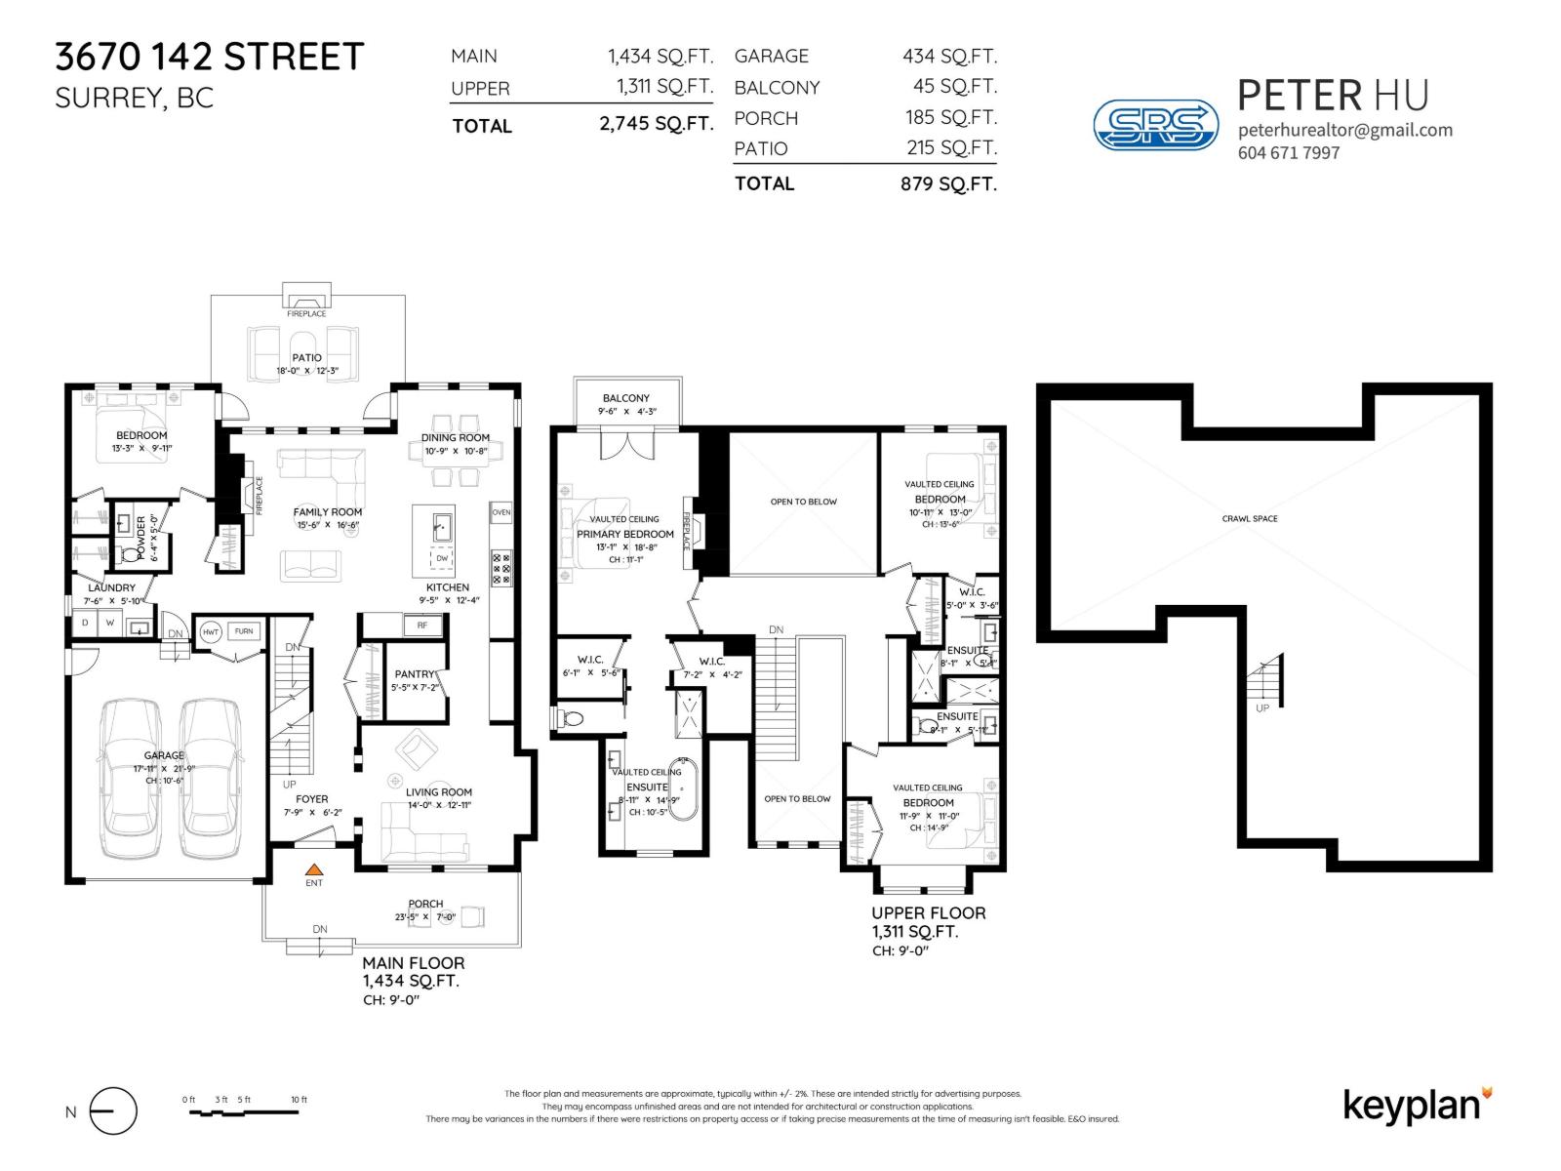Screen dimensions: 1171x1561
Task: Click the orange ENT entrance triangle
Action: coord(313,868)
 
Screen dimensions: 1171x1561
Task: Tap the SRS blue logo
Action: coord(1155,125)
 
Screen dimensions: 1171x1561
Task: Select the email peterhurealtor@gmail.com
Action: coord(1344,130)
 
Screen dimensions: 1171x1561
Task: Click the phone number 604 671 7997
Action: coord(1288,153)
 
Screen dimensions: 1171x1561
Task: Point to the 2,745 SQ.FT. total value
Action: coord(655,124)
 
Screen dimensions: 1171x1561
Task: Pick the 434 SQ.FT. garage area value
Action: coord(949,57)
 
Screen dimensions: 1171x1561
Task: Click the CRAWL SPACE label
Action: coord(1249,519)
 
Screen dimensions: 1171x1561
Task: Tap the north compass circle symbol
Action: coord(113,1111)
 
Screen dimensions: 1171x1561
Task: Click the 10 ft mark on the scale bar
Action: coord(299,1101)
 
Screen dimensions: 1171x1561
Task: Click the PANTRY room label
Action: coord(415,674)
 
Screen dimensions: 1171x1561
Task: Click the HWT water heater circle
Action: coord(210,631)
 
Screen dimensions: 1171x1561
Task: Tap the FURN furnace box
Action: coord(243,631)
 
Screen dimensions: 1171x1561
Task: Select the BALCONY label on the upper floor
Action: coord(625,398)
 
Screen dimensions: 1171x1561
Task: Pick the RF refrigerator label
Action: coord(421,625)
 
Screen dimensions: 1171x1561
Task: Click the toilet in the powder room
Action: coord(131,556)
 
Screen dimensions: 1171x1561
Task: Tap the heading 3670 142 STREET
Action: coord(209,57)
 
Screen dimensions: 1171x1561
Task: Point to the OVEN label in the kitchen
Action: coord(500,512)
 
